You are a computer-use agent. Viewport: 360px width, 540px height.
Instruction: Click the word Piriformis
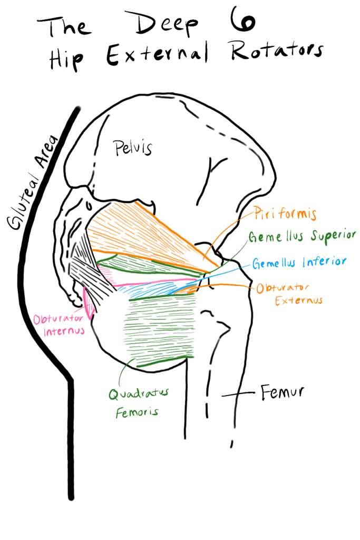(285, 214)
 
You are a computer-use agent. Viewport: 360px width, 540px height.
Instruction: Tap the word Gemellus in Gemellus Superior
(276, 237)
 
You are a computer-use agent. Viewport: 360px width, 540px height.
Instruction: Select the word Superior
(333, 236)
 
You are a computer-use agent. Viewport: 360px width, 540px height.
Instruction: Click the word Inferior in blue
(325, 262)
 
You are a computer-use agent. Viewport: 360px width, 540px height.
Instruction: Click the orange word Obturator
(283, 288)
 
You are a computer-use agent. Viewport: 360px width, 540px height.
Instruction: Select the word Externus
(298, 301)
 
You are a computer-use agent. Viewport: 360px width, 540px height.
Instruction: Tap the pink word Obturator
(58, 320)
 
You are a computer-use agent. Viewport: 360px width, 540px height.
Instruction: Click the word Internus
(64, 332)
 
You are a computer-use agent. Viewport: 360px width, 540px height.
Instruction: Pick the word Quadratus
(138, 394)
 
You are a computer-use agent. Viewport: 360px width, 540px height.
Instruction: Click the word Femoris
(137, 412)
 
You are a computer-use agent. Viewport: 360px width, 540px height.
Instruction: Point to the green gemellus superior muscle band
(142, 263)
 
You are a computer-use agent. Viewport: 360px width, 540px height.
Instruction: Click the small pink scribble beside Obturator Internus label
(89, 303)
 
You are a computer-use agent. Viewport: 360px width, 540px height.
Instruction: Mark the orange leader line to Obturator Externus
(227, 285)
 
